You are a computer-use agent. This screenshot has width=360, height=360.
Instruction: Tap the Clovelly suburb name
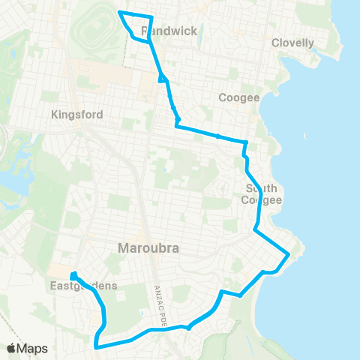[x=293, y=43]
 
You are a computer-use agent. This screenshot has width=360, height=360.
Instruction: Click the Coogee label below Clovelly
[x=238, y=97]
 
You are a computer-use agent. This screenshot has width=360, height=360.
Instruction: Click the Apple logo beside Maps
[x=12, y=348]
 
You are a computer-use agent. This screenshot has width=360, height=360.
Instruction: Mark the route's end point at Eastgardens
[x=74, y=274]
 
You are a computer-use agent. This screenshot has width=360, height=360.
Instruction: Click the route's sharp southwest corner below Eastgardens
[x=96, y=346]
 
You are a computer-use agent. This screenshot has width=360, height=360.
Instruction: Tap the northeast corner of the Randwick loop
[x=152, y=16]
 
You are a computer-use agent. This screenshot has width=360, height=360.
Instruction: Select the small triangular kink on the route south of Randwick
[x=162, y=79]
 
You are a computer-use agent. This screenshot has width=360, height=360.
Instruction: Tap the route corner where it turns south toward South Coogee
[x=246, y=142]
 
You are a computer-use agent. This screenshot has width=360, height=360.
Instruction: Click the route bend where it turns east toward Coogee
[x=177, y=126]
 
